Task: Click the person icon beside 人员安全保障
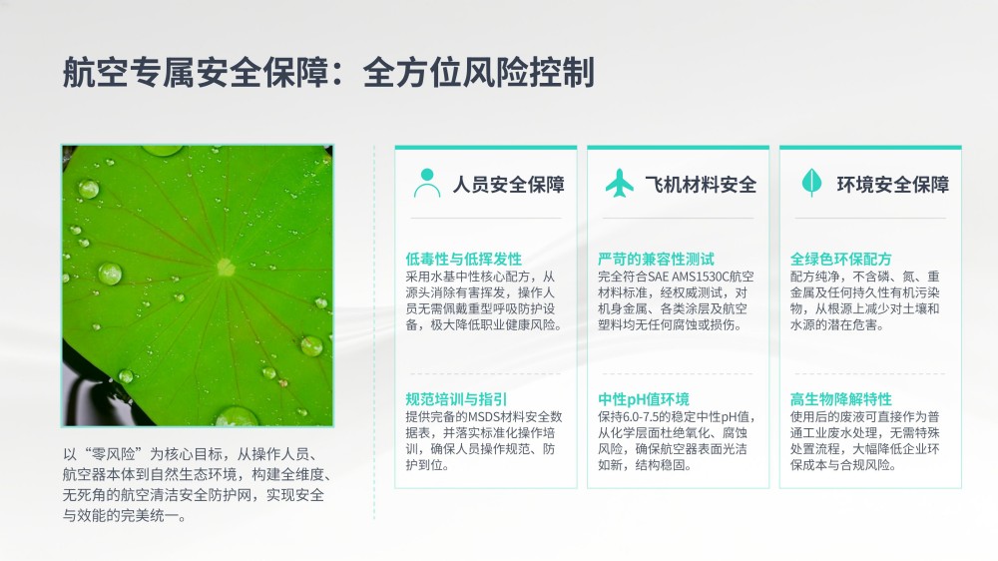pos(427,184)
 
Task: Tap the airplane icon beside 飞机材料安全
pos(620,184)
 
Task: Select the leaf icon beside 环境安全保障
pos(811,183)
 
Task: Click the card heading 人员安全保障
pos(509,185)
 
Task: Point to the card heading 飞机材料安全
pos(701,185)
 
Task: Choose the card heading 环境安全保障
pos(893,185)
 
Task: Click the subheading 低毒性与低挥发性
pos(463,260)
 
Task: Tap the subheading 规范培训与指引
pos(456,399)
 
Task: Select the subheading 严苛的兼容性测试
pos(657,260)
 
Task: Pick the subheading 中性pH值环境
pos(644,399)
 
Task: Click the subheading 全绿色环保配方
pos(840,260)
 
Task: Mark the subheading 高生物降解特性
pos(840,399)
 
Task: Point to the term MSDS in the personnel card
pos(485,417)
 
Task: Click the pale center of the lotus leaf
pos(226,267)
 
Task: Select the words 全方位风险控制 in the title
pos(479,72)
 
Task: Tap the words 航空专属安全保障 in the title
pos(196,72)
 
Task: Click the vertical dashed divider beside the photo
pos(374,332)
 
